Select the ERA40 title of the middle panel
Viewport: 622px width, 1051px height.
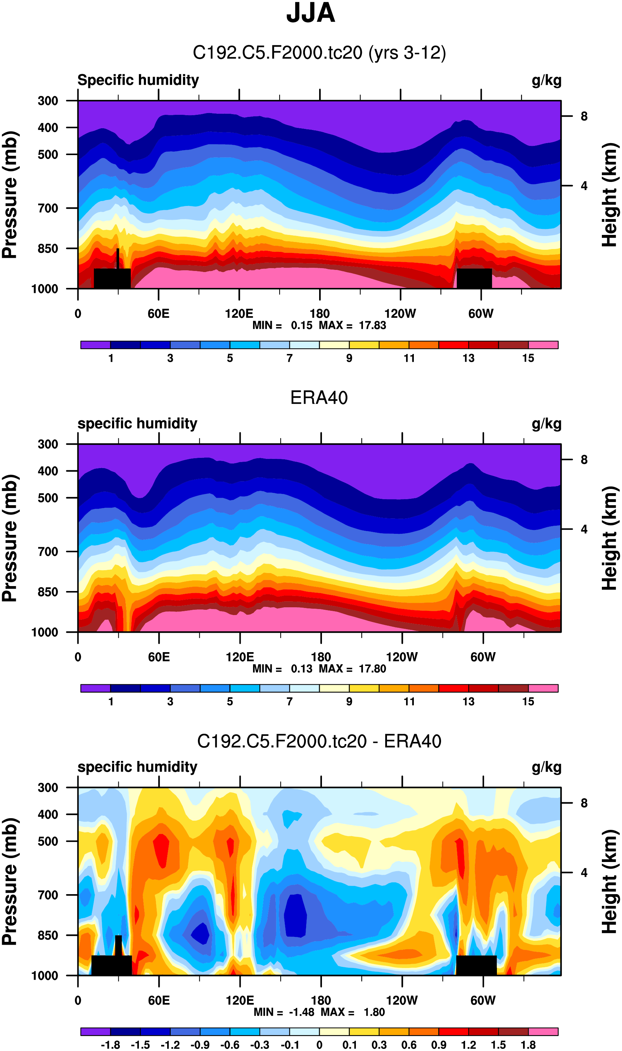pyautogui.click(x=319, y=397)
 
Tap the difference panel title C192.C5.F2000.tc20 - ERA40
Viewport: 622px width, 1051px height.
pyautogui.click(x=319, y=741)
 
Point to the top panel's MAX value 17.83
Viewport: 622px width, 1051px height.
pyautogui.click(x=372, y=325)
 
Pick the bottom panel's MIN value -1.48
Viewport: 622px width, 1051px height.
pyautogui.click(x=301, y=1012)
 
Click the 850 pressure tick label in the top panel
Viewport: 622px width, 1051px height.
pyautogui.click(x=48, y=248)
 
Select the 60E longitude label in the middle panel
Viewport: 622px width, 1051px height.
pyautogui.click(x=159, y=657)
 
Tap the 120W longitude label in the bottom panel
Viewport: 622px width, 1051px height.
pyautogui.click(x=401, y=1000)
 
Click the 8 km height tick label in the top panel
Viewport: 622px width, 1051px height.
pyautogui.click(x=584, y=117)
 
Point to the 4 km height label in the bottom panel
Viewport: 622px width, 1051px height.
pyautogui.click(x=584, y=873)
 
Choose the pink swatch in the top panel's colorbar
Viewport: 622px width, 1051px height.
pyautogui.click(x=543, y=345)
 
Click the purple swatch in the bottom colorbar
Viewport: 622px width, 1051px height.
pyautogui.click(x=95, y=1031)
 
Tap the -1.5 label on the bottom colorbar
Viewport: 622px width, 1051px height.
pyautogui.click(x=140, y=1045)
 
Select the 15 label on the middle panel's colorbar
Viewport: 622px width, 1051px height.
pyautogui.click(x=528, y=701)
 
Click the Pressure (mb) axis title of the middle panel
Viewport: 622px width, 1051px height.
pyautogui.click(x=10, y=538)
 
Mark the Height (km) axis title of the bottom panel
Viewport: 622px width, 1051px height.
pyautogui.click(x=610, y=881)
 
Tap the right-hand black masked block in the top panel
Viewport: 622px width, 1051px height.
pyautogui.click(x=474, y=278)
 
